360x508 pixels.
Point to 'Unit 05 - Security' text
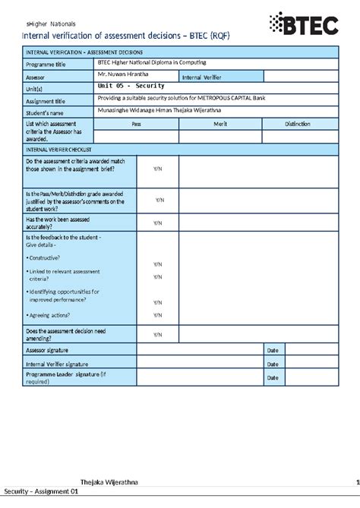pos(131,87)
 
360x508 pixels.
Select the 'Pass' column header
pos(136,123)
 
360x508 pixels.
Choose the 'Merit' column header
pos(221,123)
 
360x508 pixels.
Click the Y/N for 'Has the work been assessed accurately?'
pos(157,223)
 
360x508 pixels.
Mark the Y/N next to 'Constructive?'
pos(157,264)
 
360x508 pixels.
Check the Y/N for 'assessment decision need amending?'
pos(157,335)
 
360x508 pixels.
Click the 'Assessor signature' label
pos(47,350)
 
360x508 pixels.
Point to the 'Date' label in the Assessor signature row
pos(271,350)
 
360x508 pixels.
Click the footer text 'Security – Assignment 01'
pos(41,492)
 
